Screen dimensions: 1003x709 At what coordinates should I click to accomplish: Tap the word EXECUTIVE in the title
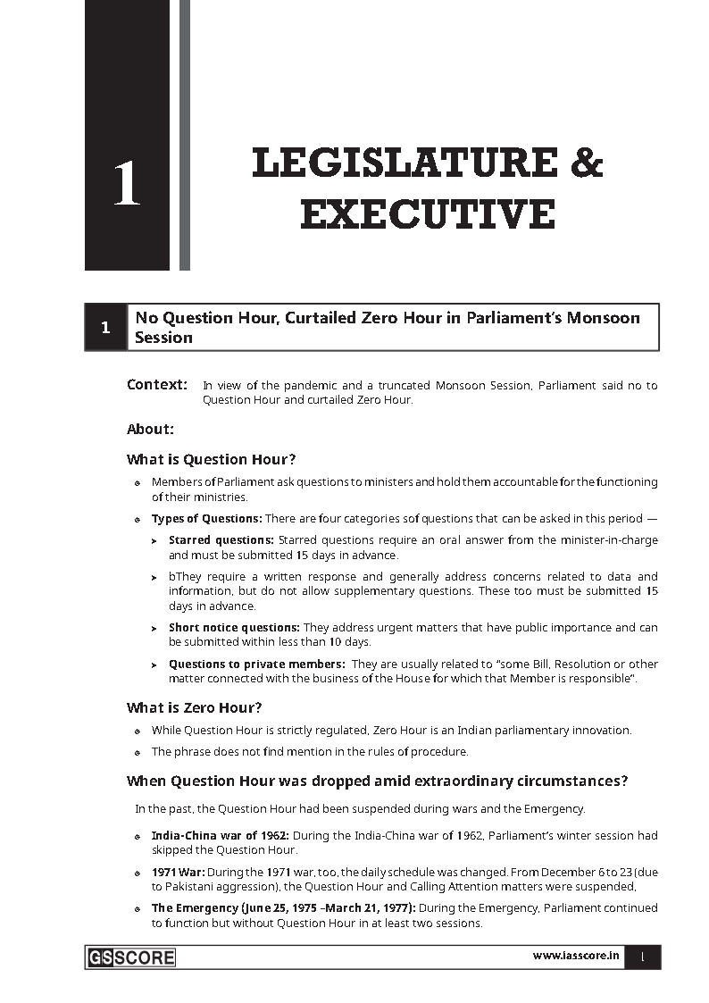click(x=427, y=215)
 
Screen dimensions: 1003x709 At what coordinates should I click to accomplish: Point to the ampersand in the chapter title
click(x=585, y=164)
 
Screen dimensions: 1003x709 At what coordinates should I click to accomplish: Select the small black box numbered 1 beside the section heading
click(x=105, y=328)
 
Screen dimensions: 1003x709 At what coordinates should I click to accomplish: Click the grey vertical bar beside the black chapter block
click(x=185, y=134)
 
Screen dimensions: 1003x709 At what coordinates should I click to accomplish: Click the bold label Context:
click(x=157, y=385)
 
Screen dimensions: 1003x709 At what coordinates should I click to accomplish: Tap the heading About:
click(x=150, y=429)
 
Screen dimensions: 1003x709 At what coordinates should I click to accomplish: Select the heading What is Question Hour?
click(x=211, y=459)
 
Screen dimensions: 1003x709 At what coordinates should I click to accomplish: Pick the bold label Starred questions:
click(x=221, y=540)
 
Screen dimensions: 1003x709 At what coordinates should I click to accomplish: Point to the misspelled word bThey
click(x=184, y=577)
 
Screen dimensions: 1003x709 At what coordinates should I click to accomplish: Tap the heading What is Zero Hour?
click(x=194, y=707)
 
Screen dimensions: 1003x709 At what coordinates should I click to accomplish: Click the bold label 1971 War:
click(x=178, y=872)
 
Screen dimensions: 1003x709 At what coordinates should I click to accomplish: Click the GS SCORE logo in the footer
click(x=131, y=957)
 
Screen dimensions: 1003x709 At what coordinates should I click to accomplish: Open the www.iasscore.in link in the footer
click(x=576, y=956)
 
